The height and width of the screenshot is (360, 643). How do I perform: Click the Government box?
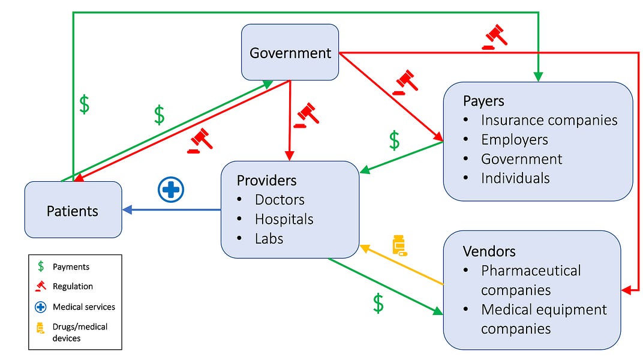coord(290,53)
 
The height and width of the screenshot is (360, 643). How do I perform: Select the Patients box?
coord(73,211)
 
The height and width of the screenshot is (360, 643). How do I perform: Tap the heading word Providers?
coord(266,180)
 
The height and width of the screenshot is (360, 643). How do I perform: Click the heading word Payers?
coord(483,100)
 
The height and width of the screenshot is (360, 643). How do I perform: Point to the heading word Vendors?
coord(489,251)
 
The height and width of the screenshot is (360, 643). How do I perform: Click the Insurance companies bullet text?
coord(549,120)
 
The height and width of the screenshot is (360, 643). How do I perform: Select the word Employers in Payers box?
coord(514,140)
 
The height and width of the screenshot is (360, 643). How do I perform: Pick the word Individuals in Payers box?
coord(515,178)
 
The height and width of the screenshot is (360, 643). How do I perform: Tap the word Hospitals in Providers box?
coord(284,219)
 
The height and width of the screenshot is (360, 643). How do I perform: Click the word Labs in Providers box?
coord(269,238)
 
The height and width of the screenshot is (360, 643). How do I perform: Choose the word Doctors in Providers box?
coord(280,199)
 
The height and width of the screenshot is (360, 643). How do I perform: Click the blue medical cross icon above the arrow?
coord(170,190)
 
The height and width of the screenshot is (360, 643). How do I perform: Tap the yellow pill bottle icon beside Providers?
coord(399,245)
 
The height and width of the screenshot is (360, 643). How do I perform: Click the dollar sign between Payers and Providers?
coord(394,140)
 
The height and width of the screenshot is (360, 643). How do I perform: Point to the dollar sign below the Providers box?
coord(378,303)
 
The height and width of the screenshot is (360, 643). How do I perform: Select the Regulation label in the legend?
coord(73,286)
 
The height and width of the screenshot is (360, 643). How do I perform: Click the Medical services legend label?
coord(83,307)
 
